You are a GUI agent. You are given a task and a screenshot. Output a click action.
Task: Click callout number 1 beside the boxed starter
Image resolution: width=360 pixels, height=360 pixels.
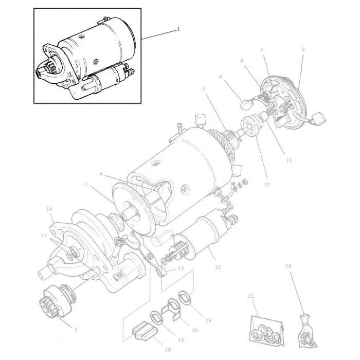pyautogui.click(x=178, y=29)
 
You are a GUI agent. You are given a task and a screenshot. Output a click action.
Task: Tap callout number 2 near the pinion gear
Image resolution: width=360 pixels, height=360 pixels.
pyautogui.click(x=76, y=330)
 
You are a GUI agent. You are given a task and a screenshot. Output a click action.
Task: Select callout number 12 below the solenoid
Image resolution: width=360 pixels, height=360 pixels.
pyautogui.click(x=218, y=267)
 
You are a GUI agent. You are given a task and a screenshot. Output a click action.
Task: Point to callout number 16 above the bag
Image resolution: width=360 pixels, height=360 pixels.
pyautogui.click(x=288, y=266)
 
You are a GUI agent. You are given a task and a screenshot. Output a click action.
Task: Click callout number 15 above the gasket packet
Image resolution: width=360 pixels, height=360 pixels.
pyautogui.click(x=251, y=296)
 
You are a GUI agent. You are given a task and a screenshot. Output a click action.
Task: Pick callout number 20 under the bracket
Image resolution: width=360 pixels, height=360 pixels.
pyautogui.click(x=195, y=330)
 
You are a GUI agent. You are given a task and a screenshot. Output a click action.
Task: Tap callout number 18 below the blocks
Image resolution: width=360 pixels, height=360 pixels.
pyautogui.click(x=168, y=350)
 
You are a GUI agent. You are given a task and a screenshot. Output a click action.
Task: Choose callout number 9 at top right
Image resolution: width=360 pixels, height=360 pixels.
pyautogui.click(x=303, y=49)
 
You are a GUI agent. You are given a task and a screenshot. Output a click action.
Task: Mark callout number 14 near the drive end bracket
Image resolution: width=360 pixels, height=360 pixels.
pyautogui.click(x=49, y=209)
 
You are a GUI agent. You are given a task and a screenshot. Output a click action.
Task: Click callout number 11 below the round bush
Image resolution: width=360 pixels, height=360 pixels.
pyautogui.click(x=267, y=184)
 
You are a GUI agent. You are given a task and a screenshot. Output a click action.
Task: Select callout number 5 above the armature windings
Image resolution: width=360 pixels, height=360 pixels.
pyautogui.click(x=204, y=88)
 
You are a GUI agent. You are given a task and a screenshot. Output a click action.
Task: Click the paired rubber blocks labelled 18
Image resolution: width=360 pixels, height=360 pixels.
pyautogui.click(x=145, y=331)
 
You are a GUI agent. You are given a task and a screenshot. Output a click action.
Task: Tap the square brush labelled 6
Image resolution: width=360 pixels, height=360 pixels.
pyautogui.click(x=245, y=104)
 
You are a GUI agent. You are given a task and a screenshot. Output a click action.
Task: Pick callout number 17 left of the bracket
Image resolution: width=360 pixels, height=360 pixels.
pyautogui.click(x=44, y=236)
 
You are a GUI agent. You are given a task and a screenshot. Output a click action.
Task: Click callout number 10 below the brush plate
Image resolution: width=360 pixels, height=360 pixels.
pyautogui.click(x=289, y=159)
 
